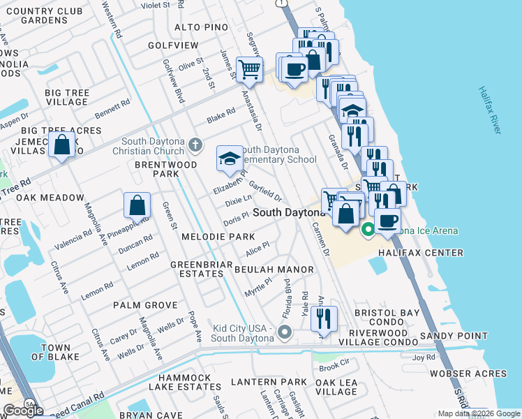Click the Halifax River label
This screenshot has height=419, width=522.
click(x=491, y=112)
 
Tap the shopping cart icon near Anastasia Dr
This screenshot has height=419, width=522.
click(x=249, y=69)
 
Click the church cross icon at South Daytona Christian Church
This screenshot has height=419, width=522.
click(x=195, y=146)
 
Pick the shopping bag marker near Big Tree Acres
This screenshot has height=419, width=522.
click(x=62, y=145)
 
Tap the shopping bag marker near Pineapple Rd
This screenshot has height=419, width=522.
click(x=137, y=205)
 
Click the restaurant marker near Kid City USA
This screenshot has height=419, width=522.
click(x=325, y=318)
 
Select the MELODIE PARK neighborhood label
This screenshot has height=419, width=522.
click(x=218, y=237)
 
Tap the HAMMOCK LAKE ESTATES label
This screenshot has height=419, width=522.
click(x=184, y=382)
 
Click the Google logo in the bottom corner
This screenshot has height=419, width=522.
click(x=23, y=411)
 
